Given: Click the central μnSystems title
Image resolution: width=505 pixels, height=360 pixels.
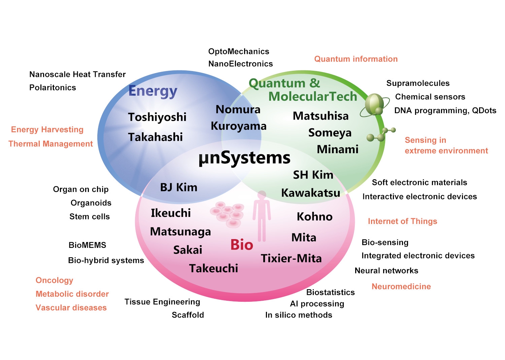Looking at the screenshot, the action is tap(245, 158).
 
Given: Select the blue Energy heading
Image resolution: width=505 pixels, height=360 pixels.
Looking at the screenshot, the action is tap(153, 91).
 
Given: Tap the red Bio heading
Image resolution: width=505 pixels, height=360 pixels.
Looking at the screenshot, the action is tap(242, 245).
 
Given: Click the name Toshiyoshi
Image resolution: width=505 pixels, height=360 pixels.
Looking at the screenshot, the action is tap(157, 117).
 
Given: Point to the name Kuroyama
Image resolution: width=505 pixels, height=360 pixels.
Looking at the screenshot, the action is tap(238, 126).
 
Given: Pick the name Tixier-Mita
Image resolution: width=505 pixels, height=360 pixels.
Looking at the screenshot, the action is tap(291, 258).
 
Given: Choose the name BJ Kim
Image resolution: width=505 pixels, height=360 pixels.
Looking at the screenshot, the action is tap(178, 187).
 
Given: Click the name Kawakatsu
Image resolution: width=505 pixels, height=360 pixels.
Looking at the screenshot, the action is tap(311, 193).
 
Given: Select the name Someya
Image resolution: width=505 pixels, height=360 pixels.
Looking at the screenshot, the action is tap(330, 133).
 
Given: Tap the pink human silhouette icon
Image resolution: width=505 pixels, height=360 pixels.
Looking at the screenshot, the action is tap(262, 216).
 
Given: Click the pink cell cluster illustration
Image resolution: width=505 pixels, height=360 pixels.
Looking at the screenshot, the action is tap(227, 214).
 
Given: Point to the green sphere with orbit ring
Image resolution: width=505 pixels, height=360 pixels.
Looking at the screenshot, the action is tap(375, 105).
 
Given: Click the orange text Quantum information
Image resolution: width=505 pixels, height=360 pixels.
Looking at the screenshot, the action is tap(356, 59).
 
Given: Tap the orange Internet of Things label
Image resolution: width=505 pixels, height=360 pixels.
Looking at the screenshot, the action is tap(402, 221).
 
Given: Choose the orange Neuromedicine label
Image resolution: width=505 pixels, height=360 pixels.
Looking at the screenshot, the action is tap(401, 287).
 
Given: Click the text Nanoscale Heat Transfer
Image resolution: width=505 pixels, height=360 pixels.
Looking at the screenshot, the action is tap(77, 74).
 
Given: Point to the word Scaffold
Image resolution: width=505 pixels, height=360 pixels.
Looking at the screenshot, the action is tap(188, 315).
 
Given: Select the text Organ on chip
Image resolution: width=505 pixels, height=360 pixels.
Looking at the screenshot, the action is tap(81, 190).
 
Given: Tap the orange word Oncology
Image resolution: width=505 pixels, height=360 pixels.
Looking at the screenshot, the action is tap(54, 281).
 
